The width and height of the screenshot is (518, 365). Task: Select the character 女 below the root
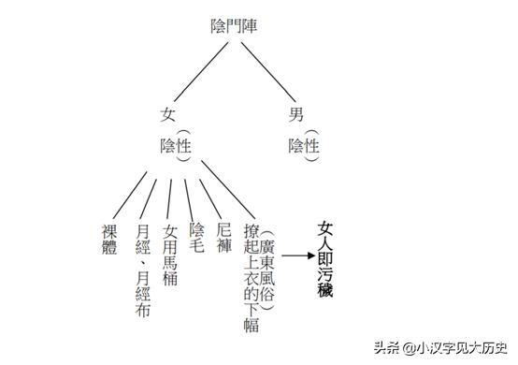coord(168,114)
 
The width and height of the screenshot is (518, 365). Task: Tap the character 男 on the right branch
coord(296,114)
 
